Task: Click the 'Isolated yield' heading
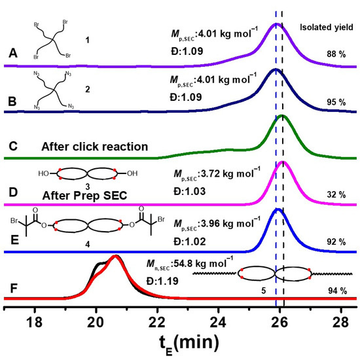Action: point(327,28)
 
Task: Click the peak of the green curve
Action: point(282,117)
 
